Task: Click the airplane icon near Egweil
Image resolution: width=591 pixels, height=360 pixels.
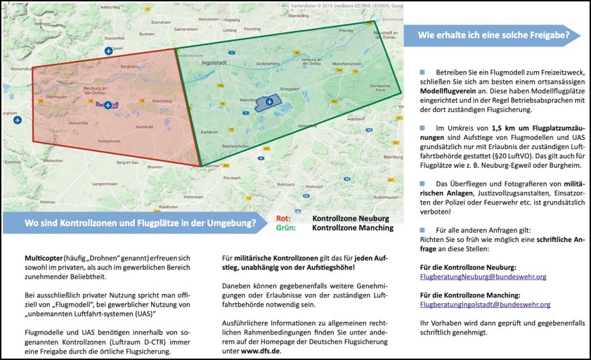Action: click(108, 51)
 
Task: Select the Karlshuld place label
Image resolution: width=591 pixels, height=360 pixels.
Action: click(145, 127)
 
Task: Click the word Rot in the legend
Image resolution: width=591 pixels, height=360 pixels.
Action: click(283, 219)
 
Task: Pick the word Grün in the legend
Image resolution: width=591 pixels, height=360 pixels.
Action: click(285, 227)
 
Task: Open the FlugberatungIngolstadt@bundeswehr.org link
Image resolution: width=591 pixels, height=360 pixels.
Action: click(485, 304)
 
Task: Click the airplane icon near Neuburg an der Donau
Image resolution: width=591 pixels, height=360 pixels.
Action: click(108, 105)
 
